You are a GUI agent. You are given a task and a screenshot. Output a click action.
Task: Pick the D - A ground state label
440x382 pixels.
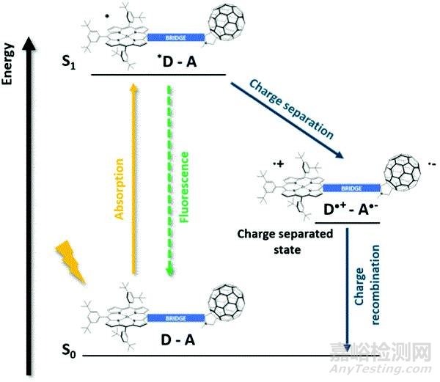tap(180, 339)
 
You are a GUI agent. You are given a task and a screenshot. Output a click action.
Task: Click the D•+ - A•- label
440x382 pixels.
tap(351, 213)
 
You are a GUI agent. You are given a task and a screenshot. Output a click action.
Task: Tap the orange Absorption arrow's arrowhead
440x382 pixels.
tap(133, 87)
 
